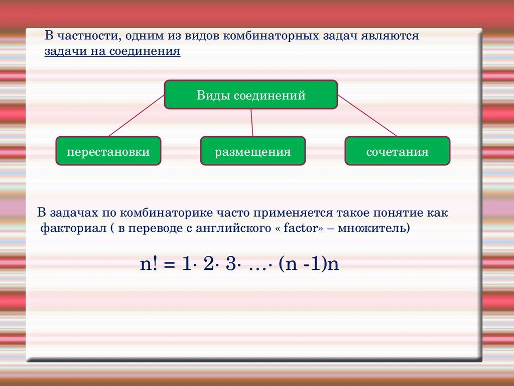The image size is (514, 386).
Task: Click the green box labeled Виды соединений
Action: point(251,94)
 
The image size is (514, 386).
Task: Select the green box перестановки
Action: point(108,151)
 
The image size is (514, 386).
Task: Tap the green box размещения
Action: point(253,151)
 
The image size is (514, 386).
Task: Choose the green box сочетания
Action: point(398,151)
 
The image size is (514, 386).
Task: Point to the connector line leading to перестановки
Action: point(137,116)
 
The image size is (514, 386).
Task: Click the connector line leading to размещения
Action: point(252,123)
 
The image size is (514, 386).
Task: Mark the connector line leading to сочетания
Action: point(367,116)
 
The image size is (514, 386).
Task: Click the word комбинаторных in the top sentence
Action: point(271,36)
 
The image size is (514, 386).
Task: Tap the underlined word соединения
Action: point(145,51)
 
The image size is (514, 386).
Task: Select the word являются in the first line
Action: point(390,36)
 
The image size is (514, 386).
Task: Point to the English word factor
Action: point(301,228)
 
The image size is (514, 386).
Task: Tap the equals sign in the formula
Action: point(170,264)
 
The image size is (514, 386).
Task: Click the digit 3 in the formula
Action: point(231,263)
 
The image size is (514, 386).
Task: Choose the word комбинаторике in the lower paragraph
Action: point(166,213)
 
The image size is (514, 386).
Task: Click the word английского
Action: point(233,228)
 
